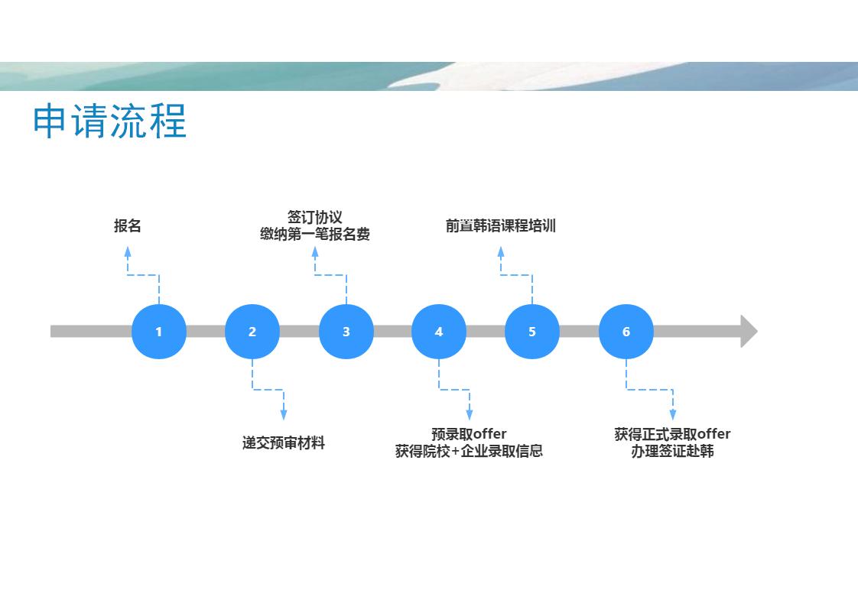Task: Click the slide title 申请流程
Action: point(109,121)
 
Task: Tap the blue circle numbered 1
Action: point(159,332)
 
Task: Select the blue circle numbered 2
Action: point(252,332)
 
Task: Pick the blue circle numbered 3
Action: point(346,332)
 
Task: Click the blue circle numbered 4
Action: point(439,332)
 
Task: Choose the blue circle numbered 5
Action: point(532,332)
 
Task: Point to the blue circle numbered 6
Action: point(626,332)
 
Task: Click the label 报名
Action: point(128,225)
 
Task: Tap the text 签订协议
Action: point(314,217)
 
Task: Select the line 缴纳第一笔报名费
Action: point(314,234)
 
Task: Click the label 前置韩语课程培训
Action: point(501,225)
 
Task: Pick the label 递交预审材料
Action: point(284,442)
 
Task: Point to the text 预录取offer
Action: point(469,434)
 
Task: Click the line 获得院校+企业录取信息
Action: point(469,451)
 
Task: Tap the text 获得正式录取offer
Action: point(672,434)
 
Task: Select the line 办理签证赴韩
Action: point(672,451)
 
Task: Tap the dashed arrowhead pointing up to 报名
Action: point(128,252)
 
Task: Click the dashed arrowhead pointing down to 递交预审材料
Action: point(284,414)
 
